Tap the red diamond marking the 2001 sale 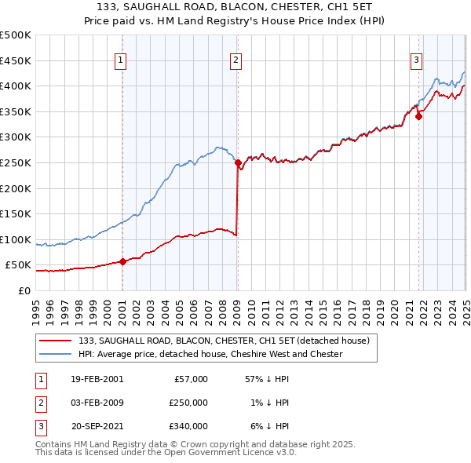(122, 262)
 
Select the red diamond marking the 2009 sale (237, 163)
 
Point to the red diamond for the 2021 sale (418, 117)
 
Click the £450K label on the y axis (16, 60)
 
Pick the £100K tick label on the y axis (16, 239)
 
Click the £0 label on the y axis (24, 290)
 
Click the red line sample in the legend (55, 341)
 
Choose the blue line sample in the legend (55, 354)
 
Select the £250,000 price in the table (188, 403)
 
